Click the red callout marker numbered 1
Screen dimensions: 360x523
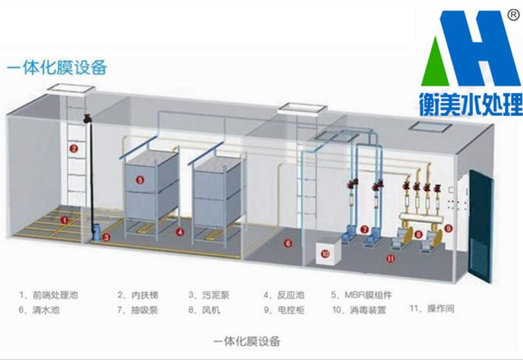tap(64, 220)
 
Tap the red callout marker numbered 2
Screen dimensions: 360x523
tap(74, 148)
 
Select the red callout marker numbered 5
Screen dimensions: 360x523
tap(141, 180)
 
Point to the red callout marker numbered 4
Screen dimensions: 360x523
tap(180, 231)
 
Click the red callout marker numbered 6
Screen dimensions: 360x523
tap(288, 243)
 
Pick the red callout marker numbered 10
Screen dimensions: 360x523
tap(325, 253)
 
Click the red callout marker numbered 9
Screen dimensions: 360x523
tap(448, 228)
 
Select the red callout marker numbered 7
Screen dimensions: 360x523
tap(364, 229)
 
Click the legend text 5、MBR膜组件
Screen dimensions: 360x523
tap(361, 295)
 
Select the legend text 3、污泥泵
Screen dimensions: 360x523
tap(208, 295)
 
